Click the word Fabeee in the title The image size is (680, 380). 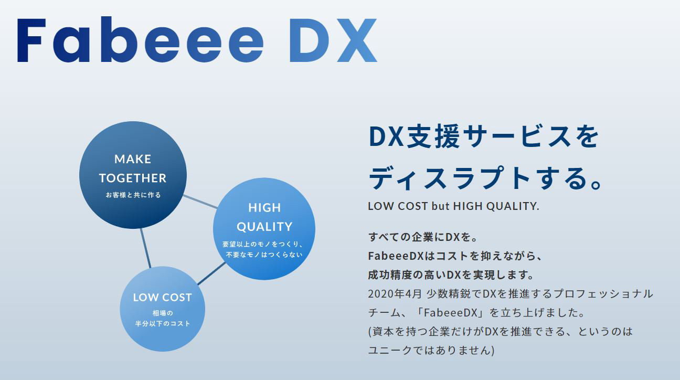click(141, 39)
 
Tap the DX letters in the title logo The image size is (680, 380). click(334, 40)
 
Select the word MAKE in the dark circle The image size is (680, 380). click(133, 159)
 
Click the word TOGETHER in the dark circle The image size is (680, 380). click(133, 178)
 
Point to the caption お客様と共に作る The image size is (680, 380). click(133, 195)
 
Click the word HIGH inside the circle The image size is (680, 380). click(264, 208)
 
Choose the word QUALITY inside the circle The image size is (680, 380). click(264, 227)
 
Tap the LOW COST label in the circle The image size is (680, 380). click(163, 298)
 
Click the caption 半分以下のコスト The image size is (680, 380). click(163, 324)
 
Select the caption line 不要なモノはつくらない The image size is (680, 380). click(264, 255)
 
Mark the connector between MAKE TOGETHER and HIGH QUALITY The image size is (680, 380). click(200, 202)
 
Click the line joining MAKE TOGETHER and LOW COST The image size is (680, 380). click(145, 248)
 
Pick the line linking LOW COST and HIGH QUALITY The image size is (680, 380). click(211, 273)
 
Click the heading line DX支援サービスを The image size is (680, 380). click(484, 136)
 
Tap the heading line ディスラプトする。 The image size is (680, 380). click(485, 178)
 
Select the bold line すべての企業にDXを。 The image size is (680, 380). click(423, 237)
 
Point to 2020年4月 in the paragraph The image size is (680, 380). click(395, 294)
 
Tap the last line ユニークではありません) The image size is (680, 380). click(431, 350)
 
